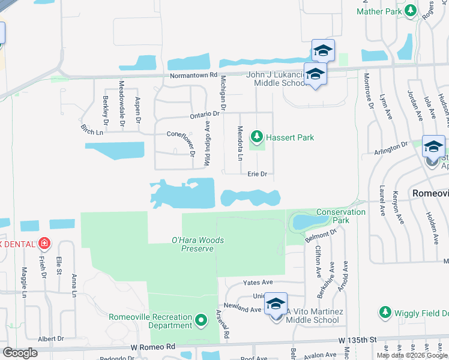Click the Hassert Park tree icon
[257, 137]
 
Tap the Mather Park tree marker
[411, 11]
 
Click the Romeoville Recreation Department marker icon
[202, 322]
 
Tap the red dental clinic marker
[44, 244]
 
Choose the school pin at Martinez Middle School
[276, 305]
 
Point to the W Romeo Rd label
[154, 347]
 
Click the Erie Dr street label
[257, 174]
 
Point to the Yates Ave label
[258, 282]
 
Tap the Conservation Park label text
[340, 216]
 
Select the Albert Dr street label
[51, 339]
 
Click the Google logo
[20, 353]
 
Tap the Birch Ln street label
[91, 129]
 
